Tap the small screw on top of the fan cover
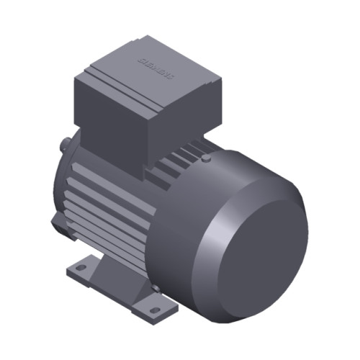point(207,157)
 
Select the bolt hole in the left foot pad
point(81,267)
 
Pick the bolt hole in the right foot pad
point(154,310)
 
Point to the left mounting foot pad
point(85,270)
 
